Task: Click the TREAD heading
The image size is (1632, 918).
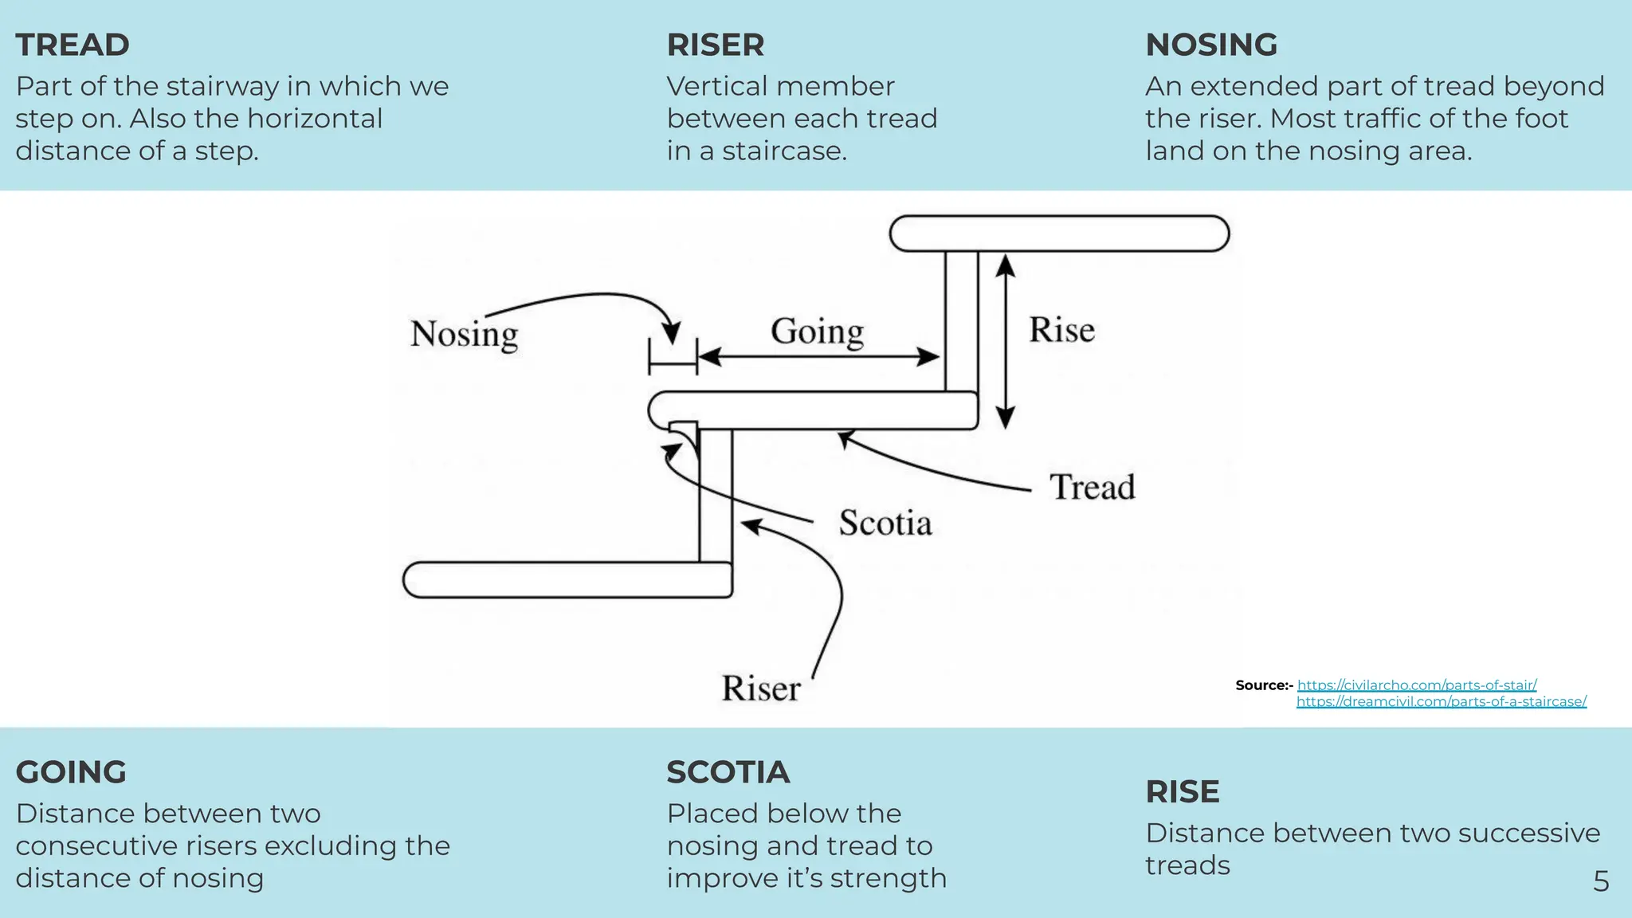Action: pyautogui.click(x=73, y=45)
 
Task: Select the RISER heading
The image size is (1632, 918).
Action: pyautogui.click(x=715, y=45)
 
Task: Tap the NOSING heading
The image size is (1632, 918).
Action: pyautogui.click(x=1210, y=45)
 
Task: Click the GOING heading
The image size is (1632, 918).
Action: pyautogui.click(x=71, y=772)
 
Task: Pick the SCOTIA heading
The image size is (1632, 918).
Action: pyautogui.click(x=728, y=772)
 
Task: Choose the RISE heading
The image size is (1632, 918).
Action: pyautogui.click(x=1182, y=792)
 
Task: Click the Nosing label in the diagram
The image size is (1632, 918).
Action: pyautogui.click(x=464, y=334)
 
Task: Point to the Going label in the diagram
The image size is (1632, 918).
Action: pyautogui.click(x=817, y=331)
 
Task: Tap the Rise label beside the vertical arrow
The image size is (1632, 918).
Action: pyautogui.click(x=1061, y=330)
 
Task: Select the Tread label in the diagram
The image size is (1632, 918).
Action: pyautogui.click(x=1092, y=487)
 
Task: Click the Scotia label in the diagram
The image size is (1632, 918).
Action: pyautogui.click(x=885, y=524)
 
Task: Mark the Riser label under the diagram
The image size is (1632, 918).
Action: pyautogui.click(x=760, y=688)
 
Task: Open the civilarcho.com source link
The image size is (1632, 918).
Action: pyautogui.click(x=1416, y=685)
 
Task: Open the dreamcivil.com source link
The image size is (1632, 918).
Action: pyautogui.click(x=1441, y=702)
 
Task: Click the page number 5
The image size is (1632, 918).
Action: pyautogui.click(x=1600, y=881)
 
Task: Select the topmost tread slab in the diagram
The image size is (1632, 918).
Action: pyautogui.click(x=1059, y=234)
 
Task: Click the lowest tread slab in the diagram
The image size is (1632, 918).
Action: pyautogui.click(x=567, y=580)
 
